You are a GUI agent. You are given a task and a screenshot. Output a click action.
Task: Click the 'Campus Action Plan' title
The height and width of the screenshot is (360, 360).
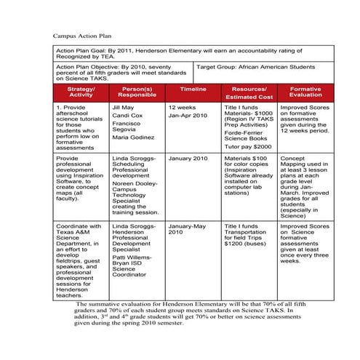[x=82, y=34]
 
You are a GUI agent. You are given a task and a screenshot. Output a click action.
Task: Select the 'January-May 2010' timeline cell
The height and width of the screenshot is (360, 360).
[x=188, y=229]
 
